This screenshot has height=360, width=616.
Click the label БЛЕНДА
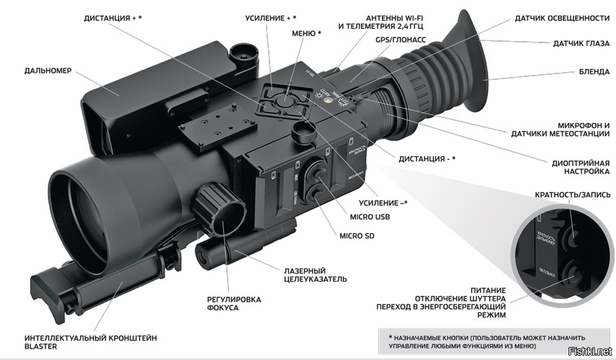(595, 72)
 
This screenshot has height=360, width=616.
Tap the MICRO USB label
(370, 217)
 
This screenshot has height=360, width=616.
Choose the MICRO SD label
(357, 235)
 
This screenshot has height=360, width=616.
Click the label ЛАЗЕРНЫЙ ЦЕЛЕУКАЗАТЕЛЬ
(316, 274)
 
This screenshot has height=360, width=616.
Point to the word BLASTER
(41, 346)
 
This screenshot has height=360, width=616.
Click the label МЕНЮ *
(307, 34)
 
